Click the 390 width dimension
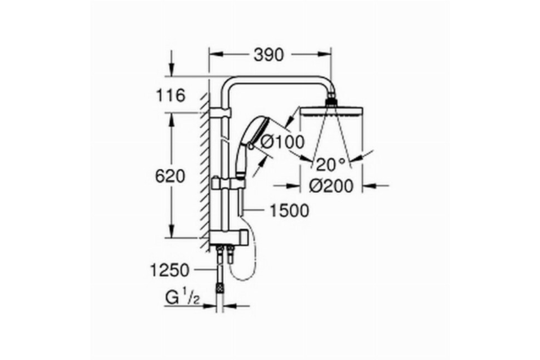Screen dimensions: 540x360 [269, 55]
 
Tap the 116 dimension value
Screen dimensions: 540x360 [171, 95]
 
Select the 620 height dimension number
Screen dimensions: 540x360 [170, 176]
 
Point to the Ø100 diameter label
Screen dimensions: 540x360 [283, 142]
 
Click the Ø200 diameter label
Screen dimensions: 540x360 [331, 186]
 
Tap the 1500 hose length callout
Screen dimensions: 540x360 [289, 211]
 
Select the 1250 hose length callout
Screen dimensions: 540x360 [170, 270]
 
